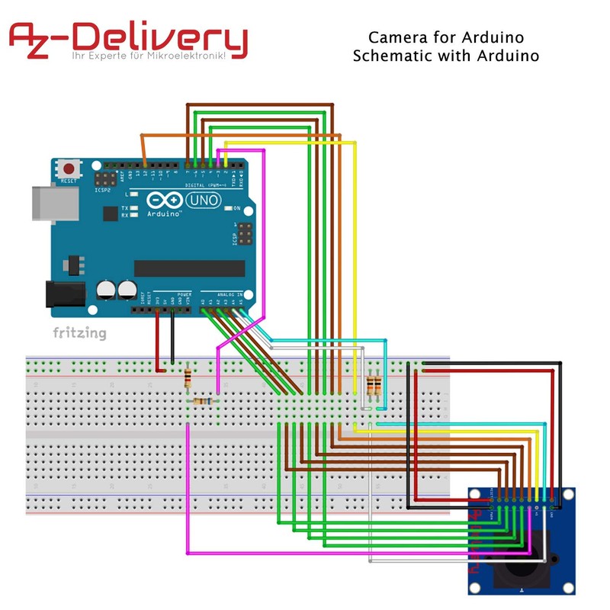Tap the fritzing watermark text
pos(79,332)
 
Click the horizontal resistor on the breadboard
pos(204,401)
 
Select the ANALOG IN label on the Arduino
pos(228,294)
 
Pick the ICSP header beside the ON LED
pos(245,234)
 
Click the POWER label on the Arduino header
pos(184,294)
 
